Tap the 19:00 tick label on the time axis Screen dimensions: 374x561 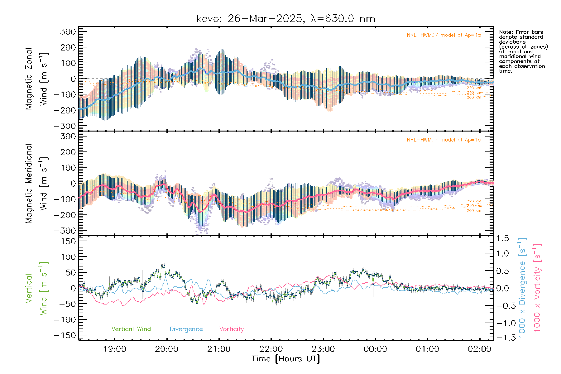coord(115,349)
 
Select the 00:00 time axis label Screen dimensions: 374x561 coord(375,349)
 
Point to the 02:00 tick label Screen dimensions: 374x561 coord(479,349)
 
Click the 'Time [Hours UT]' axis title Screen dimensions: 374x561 coord(285,359)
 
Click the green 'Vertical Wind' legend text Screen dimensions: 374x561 coord(131,329)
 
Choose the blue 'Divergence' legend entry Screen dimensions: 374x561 coord(186,329)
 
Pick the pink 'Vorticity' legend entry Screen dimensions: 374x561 coord(231,329)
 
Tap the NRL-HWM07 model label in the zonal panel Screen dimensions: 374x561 coord(444,35)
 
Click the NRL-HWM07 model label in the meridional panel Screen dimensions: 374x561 coord(444,140)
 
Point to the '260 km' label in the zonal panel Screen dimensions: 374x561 coord(474,97)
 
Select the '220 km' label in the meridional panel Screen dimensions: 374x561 coord(474,201)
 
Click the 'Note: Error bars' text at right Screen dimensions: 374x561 coord(521,32)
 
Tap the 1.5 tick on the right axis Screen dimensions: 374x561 coord(502,238)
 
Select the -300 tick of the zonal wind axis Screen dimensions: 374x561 coord(65,126)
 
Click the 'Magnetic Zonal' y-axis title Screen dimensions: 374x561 coord(29,79)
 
